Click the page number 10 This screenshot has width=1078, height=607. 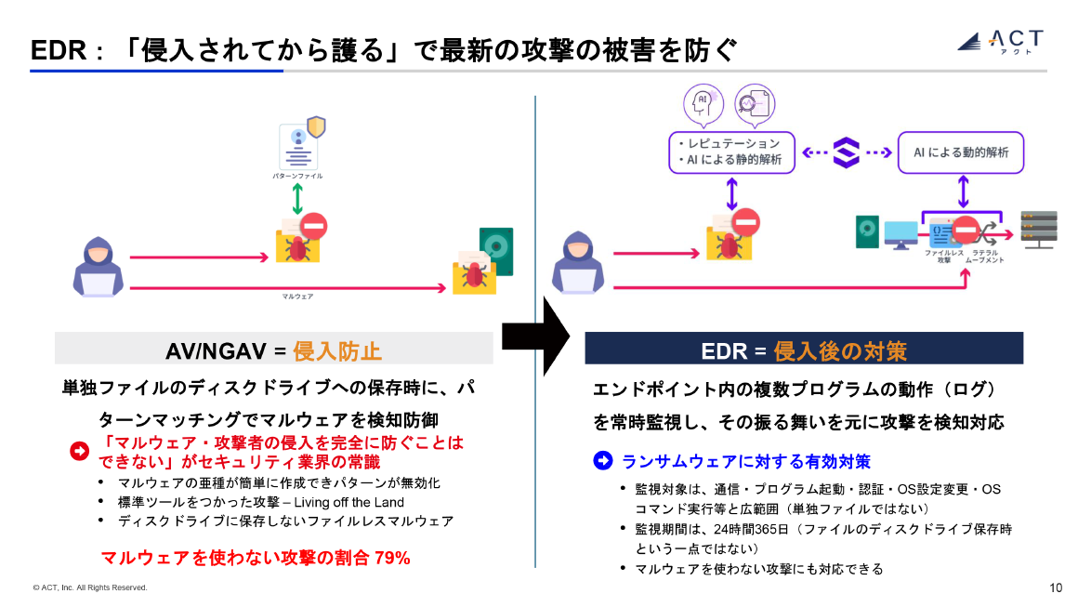[x=1056, y=587]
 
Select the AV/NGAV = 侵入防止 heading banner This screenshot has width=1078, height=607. [x=274, y=350]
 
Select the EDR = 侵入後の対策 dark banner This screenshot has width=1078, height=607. [x=803, y=350]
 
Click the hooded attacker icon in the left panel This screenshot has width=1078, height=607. [x=99, y=267]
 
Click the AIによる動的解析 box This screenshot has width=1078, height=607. [x=960, y=152]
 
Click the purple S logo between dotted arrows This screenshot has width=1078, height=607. [x=847, y=152]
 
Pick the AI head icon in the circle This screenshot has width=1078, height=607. [x=703, y=102]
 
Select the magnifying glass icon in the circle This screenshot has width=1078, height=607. [x=754, y=102]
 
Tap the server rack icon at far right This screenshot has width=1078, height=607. [x=1037, y=229]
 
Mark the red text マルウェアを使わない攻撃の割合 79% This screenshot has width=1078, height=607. [x=255, y=558]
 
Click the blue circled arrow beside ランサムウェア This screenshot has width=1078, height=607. [x=604, y=461]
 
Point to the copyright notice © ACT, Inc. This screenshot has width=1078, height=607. [x=89, y=587]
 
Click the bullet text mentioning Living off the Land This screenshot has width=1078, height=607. [x=260, y=502]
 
